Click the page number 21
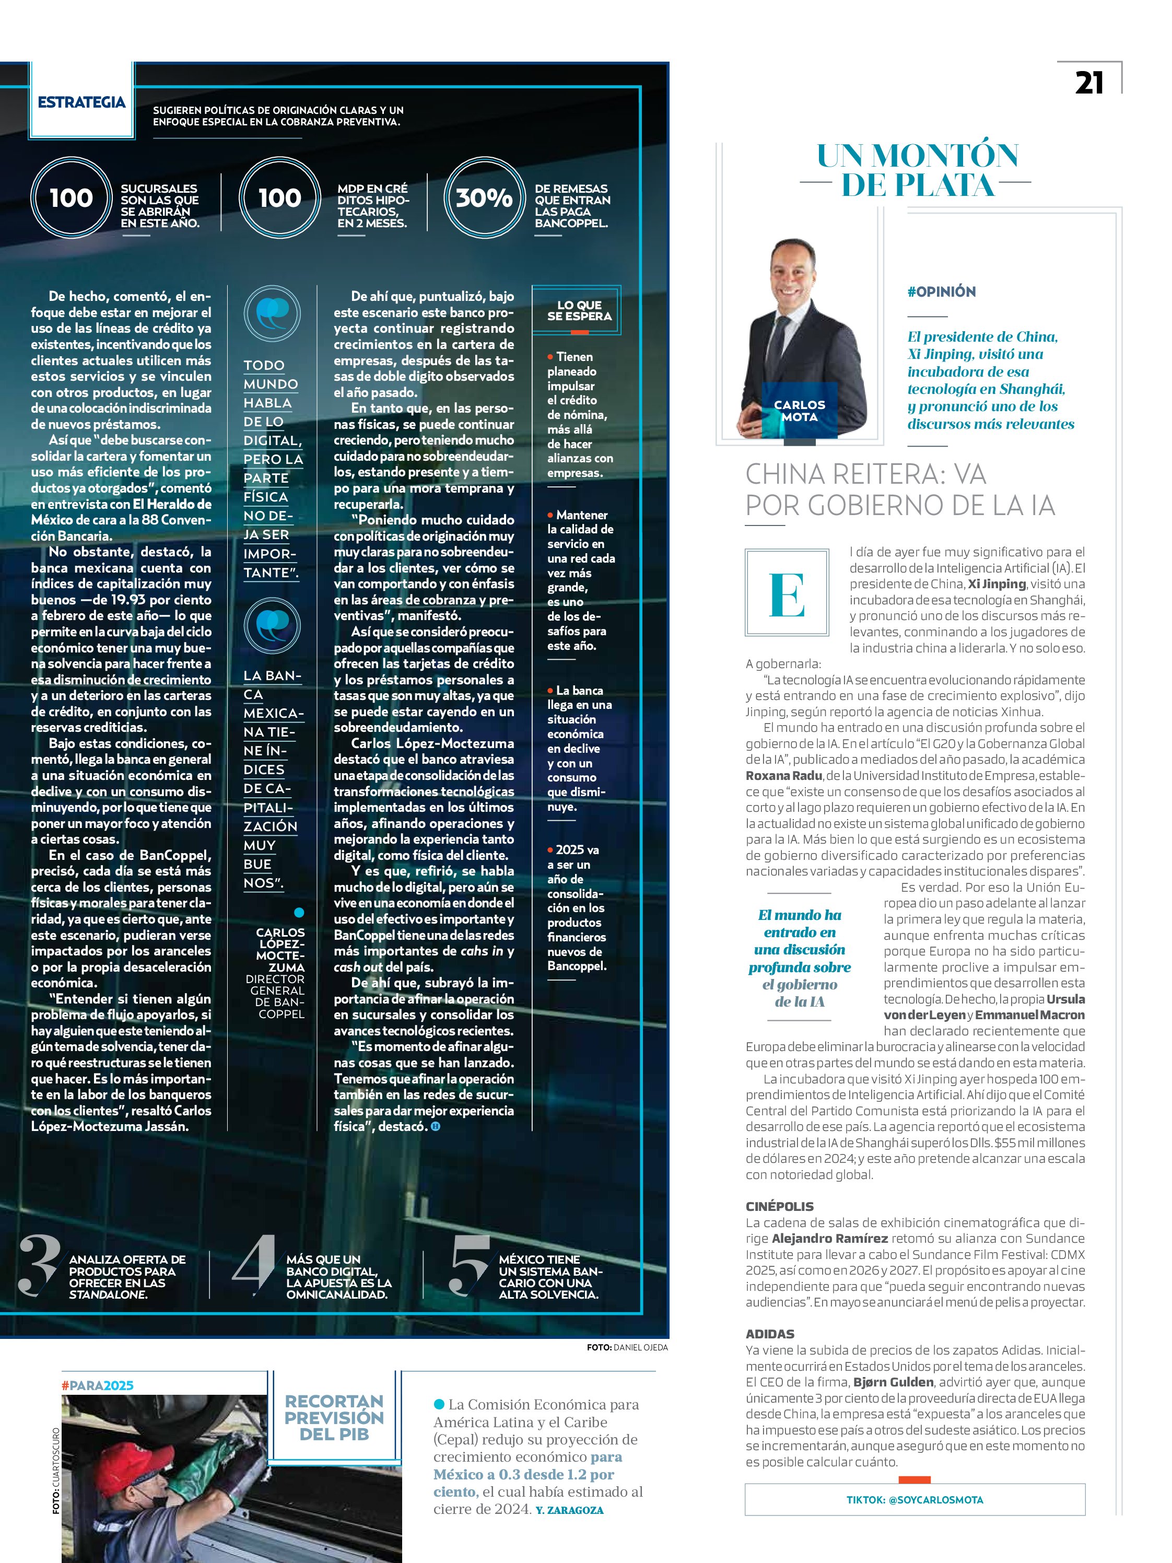click(x=1088, y=83)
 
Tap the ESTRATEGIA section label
click(x=81, y=102)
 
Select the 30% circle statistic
click(x=484, y=198)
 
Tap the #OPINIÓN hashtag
click(x=941, y=292)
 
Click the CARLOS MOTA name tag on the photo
click(x=799, y=411)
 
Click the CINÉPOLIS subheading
click(x=780, y=1206)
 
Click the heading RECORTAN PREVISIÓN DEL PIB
click(x=334, y=1417)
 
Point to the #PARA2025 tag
click(x=98, y=1385)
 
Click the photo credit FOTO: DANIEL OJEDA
click(x=627, y=1347)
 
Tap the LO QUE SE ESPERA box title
click(x=579, y=311)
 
